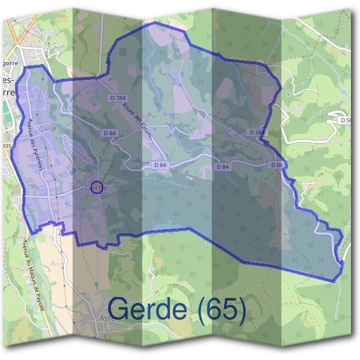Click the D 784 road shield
click(118, 98)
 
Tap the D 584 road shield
click(256, 131)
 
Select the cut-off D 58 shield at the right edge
click(346, 120)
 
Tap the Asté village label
click(108, 319)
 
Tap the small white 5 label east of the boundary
click(288, 95)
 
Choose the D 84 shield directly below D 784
click(109, 133)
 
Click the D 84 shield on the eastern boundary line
click(277, 164)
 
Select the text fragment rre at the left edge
click(7, 92)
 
